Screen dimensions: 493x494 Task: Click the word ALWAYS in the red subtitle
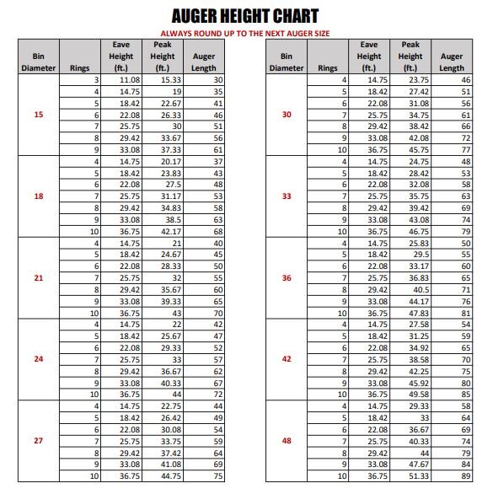(x=178, y=33)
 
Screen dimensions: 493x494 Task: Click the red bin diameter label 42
(x=287, y=358)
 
